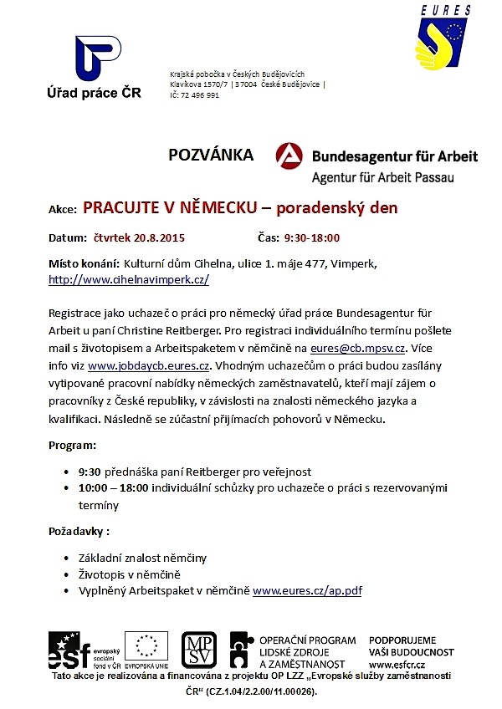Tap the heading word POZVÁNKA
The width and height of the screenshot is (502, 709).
coord(211,155)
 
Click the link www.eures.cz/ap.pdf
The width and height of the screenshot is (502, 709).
coord(307,590)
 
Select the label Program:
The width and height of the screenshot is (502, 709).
coord(73,445)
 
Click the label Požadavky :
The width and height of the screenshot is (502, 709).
coord(79,530)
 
